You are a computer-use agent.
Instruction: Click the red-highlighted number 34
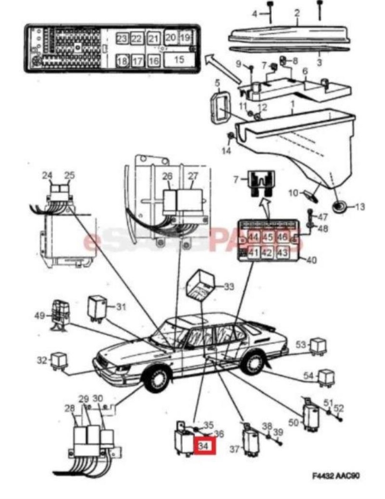(204, 445)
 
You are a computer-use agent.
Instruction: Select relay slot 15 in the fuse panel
(179, 60)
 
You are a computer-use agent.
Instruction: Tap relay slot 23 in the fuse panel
(122, 38)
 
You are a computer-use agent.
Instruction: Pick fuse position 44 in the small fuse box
(253, 238)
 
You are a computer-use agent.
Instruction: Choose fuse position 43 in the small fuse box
(282, 252)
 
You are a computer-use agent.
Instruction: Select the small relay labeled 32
(59, 360)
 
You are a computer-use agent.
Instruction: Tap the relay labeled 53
(319, 345)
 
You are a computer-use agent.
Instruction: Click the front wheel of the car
(156, 381)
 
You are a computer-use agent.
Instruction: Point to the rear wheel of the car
(253, 363)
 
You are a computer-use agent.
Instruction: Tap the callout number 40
(310, 260)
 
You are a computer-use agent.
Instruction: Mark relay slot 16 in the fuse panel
(154, 60)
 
